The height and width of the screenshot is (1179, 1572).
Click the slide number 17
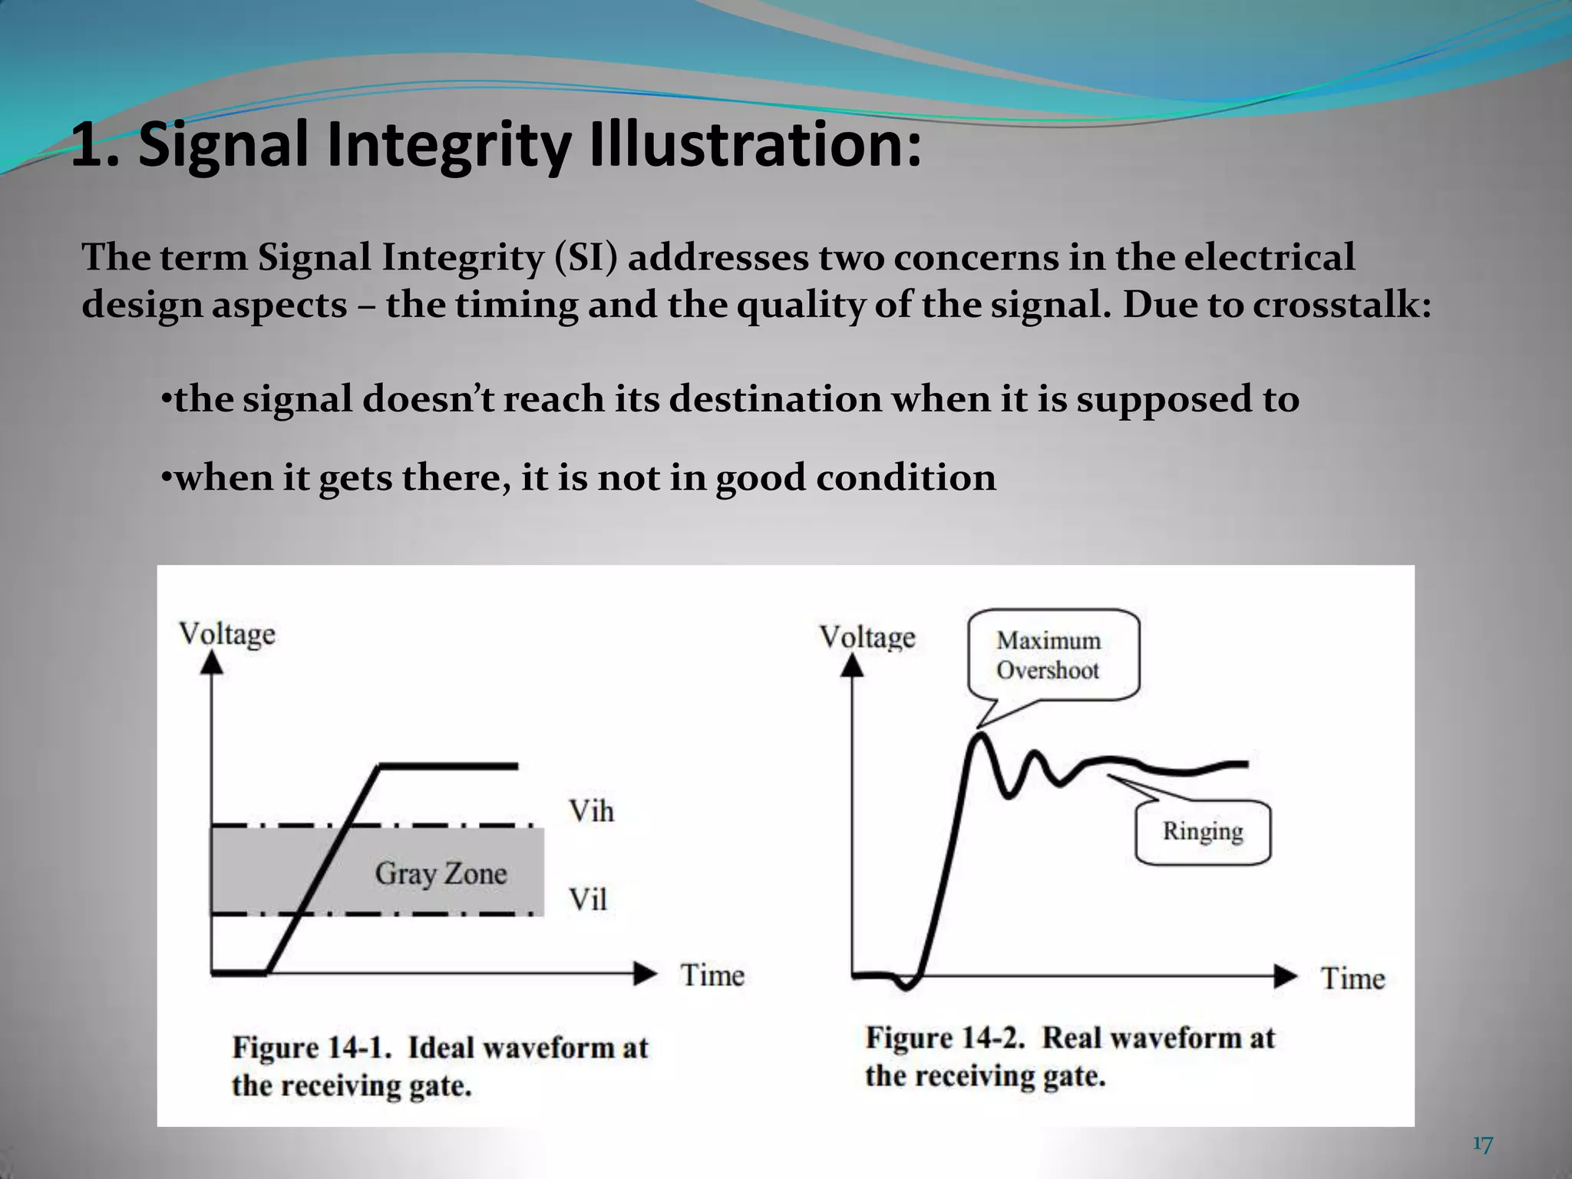tap(1483, 1144)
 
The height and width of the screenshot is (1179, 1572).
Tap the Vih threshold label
tap(591, 811)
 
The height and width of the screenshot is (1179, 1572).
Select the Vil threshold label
tap(588, 899)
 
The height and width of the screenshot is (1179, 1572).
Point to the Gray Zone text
tap(441, 874)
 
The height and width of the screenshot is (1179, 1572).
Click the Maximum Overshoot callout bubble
tap(1052, 655)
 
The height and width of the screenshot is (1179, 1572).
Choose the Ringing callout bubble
tap(1202, 831)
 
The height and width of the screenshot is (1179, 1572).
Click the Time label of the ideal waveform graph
tap(712, 976)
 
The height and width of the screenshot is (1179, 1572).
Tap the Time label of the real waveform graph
tap(1352, 979)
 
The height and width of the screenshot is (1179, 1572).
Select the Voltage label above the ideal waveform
tap(227, 635)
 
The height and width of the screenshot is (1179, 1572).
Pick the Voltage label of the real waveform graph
tap(867, 637)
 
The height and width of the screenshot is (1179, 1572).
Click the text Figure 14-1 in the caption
tap(312, 1048)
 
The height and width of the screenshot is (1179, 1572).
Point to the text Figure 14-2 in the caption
tap(946, 1038)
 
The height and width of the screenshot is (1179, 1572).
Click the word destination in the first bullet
tap(775, 399)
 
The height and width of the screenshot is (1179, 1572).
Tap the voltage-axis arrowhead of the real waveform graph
tap(851, 666)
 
